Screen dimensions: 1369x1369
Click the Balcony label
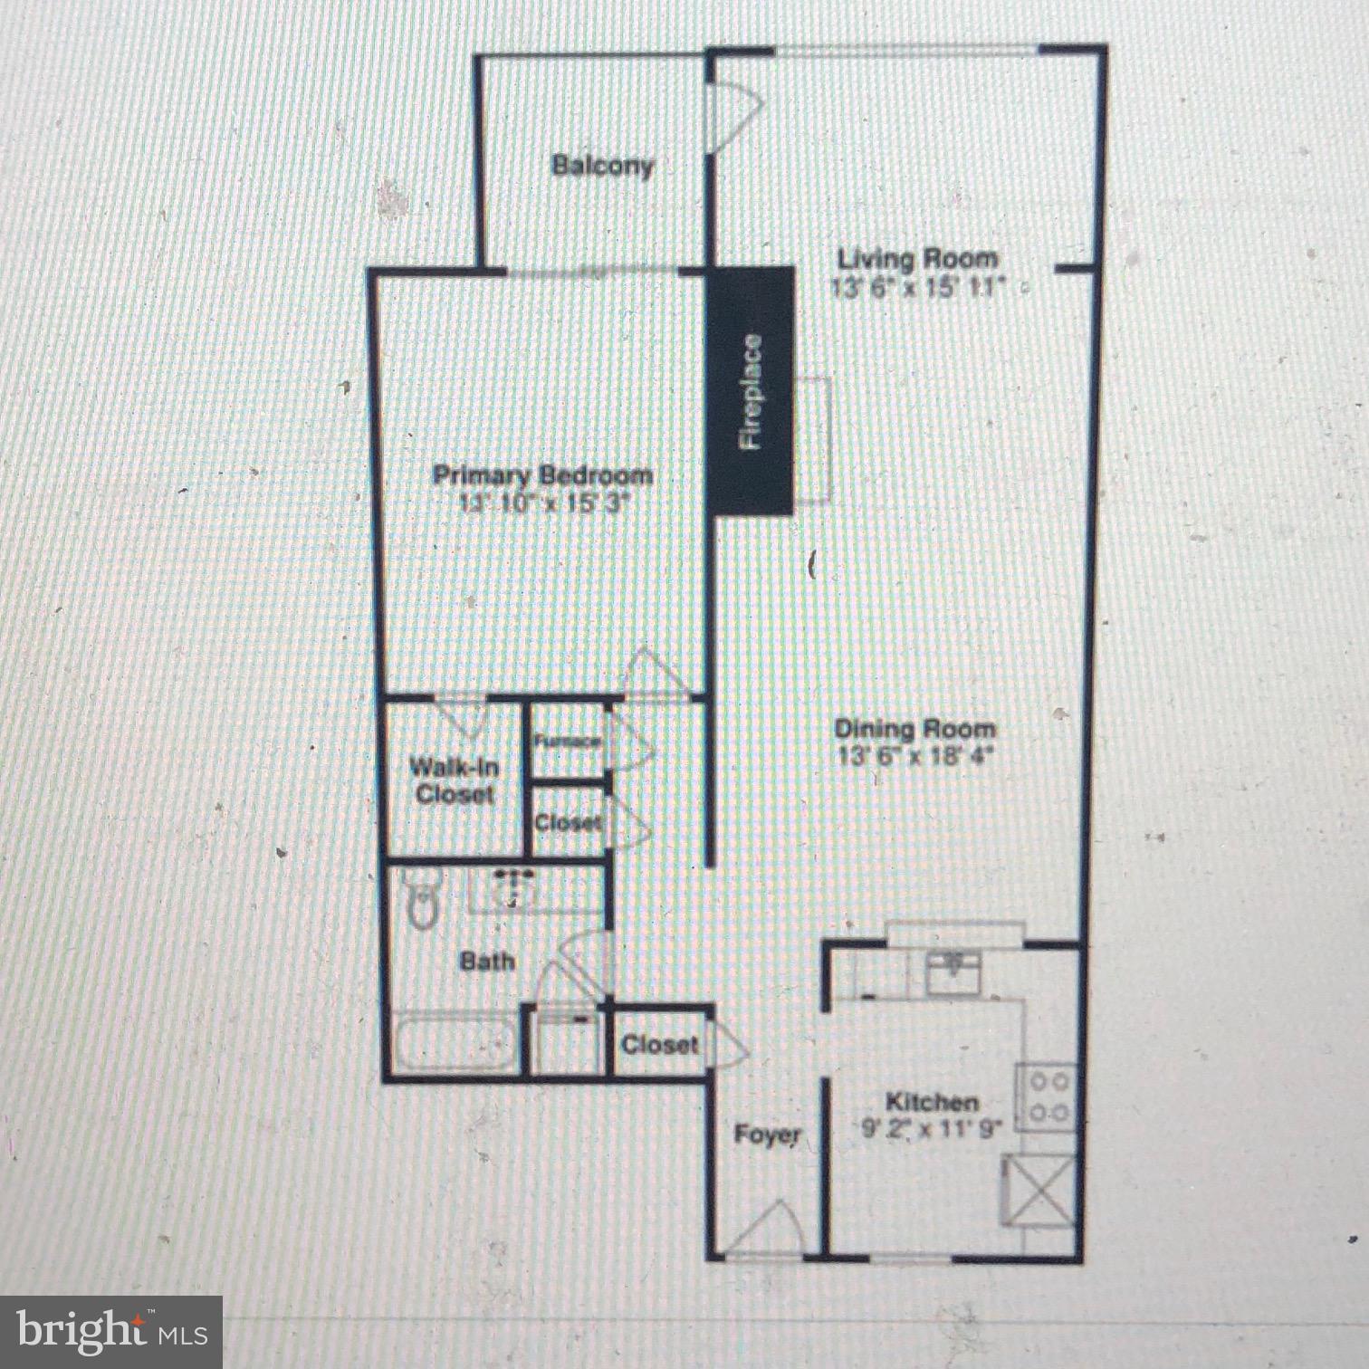click(602, 166)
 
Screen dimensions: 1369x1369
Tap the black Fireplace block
click(751, 391)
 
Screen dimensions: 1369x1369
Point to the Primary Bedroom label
click(541, 475)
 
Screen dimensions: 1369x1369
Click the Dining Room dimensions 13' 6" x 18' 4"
click(915, 755)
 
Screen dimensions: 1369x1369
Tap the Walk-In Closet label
click(454, 780)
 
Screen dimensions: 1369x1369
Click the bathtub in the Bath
click(455, 1044)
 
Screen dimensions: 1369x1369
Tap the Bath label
click(487, 961)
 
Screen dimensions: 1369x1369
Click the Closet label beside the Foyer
click(659, 1045)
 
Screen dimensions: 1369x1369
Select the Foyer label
click(767, 1134)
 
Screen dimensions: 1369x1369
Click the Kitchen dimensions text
click(932, 1129)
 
